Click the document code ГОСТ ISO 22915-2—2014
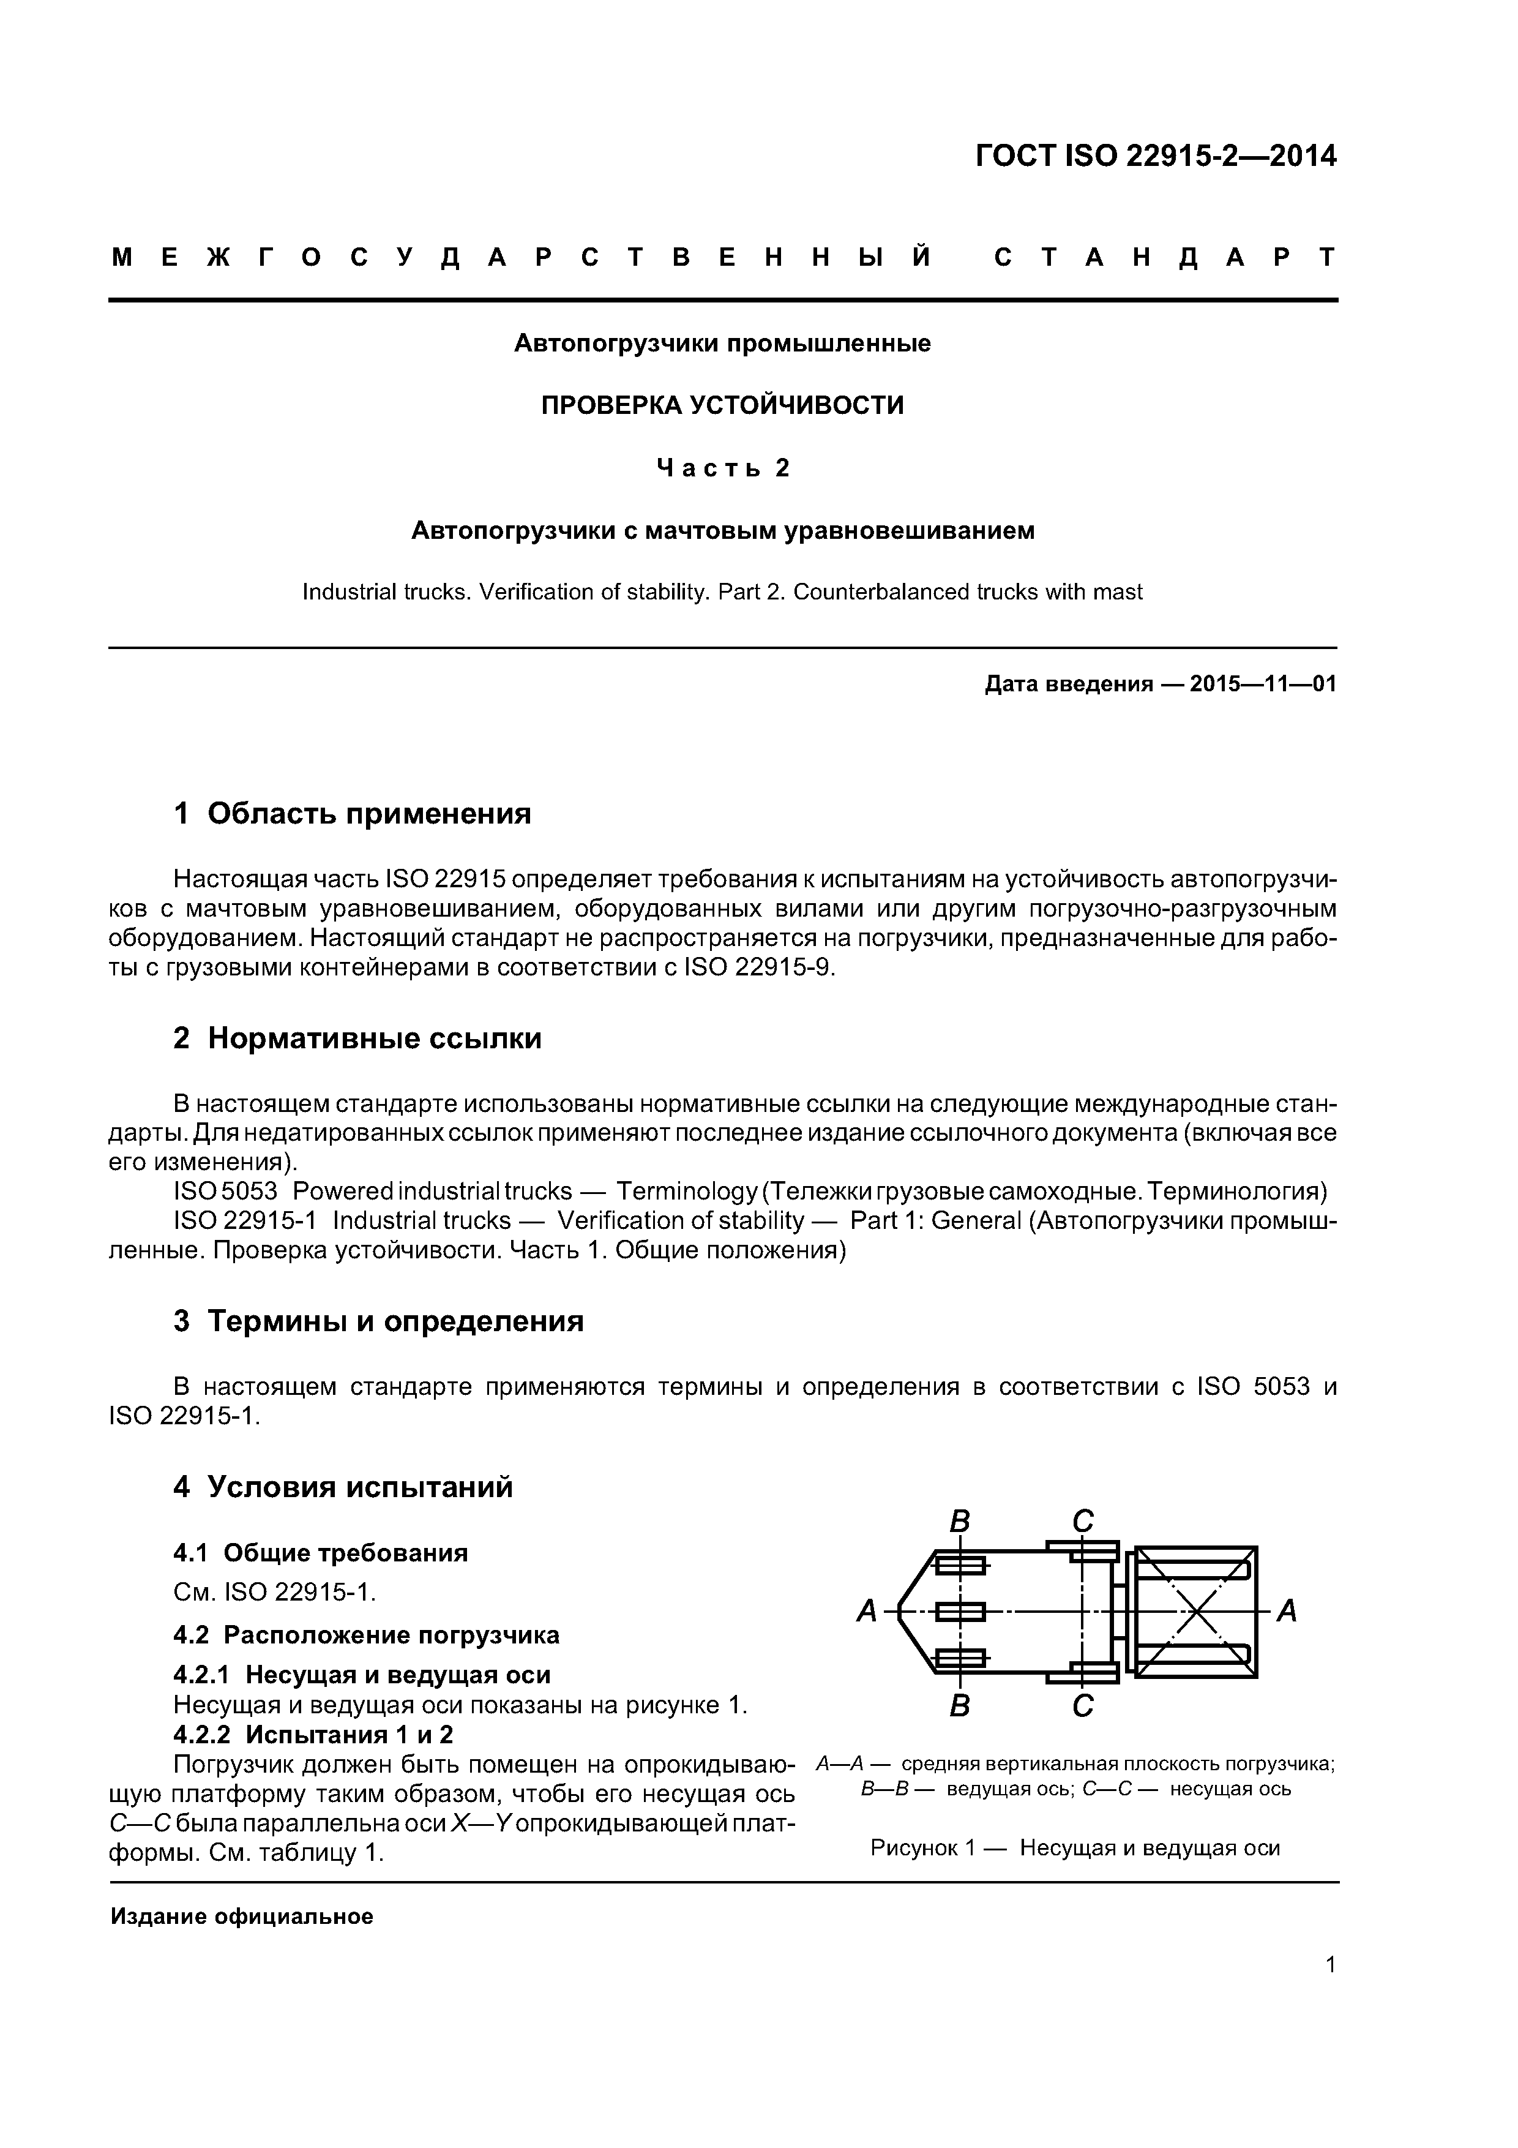(1156, 156)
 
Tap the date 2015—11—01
(1263, 684)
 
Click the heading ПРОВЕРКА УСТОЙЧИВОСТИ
(723, 405)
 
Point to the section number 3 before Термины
(181, 1321)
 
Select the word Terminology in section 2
(687, 1191)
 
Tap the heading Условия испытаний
(360, 1487)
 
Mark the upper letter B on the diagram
(960, 1522)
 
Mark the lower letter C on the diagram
(1082, 1707)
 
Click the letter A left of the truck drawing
(867, 1611)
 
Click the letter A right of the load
(1287, 1611)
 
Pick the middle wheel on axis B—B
(960, 1611)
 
